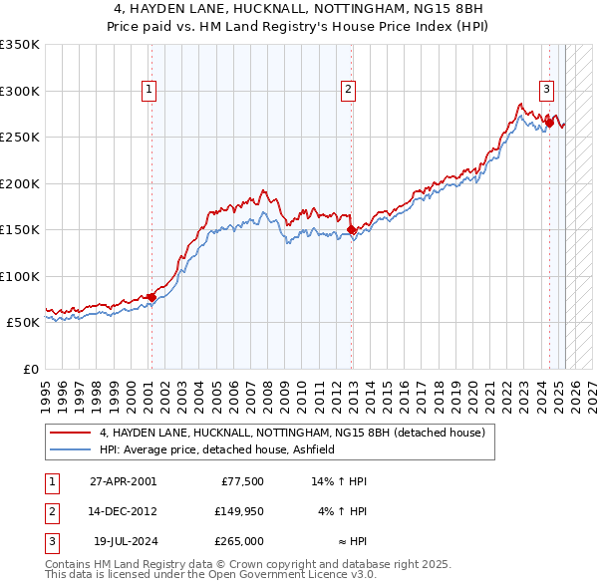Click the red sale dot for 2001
[151, 297]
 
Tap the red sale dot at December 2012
[351, 230]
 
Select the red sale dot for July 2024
[549, 123]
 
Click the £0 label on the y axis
[30, 369]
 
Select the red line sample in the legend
[71, 433]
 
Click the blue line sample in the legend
[71, 449]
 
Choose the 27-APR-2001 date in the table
[122, 481]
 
